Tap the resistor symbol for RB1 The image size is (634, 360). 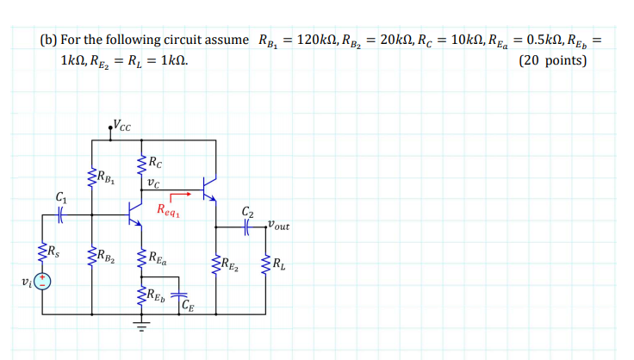click(x=91, y=178)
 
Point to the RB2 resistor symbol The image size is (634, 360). click(x=91, y=256)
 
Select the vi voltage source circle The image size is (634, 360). click(x=42, y=282)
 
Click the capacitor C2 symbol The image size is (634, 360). click(x=247, y=227)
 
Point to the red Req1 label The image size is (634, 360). click(x=169, y=209)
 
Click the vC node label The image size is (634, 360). click(x=152, y=182)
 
